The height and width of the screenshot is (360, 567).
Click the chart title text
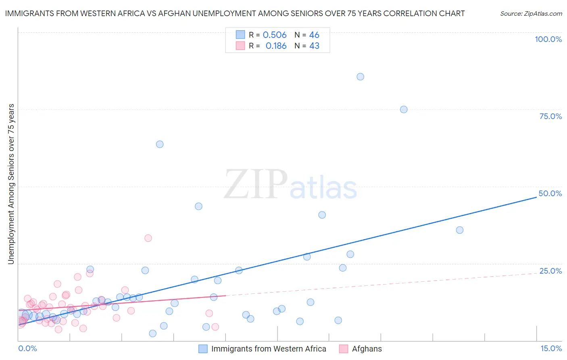235,13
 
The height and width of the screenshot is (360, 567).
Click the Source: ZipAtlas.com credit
531,13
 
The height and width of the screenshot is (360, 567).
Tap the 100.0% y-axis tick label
548,39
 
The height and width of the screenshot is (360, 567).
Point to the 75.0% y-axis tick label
550,116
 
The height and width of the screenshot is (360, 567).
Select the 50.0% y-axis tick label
550,193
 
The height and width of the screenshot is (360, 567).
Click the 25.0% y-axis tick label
550,271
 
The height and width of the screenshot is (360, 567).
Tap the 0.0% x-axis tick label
27,348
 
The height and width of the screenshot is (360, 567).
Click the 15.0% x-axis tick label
551,348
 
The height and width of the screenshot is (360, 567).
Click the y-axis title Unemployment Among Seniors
11,184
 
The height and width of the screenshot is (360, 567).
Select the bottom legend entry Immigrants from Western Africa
268,349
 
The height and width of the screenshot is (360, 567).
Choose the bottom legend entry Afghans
367,349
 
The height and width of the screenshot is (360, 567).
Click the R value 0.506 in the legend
275,35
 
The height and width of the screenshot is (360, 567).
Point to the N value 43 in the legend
314,46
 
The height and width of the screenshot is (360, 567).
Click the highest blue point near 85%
361,77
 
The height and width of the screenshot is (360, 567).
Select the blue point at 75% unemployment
404,109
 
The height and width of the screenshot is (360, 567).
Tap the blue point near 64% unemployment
160,144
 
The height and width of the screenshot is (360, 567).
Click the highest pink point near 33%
148,238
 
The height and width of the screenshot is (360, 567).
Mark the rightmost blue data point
460,230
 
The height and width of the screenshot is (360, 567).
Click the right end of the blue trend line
536,197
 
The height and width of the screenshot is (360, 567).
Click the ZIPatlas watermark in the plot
290,185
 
